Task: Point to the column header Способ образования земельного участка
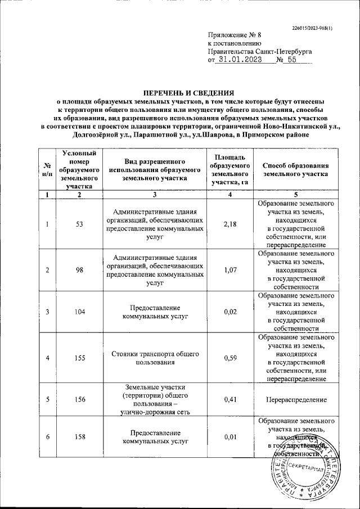click(x=296, y=170)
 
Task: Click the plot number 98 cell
click(x=79, y=270)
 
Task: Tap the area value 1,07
click(x=229, y=270)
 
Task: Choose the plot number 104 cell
click(x=79, y=313)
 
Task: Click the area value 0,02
click(x=229, y=313)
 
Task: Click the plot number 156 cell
click(x=79, y=399)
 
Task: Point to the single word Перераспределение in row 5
click(x=296, y=399)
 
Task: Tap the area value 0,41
click(x=229, y=399)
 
